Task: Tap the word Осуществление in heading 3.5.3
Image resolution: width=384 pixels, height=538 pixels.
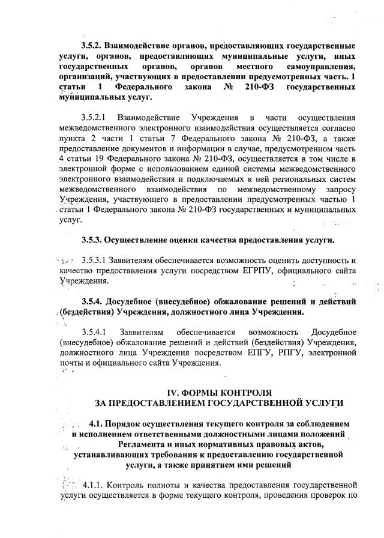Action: pos(137,240)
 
